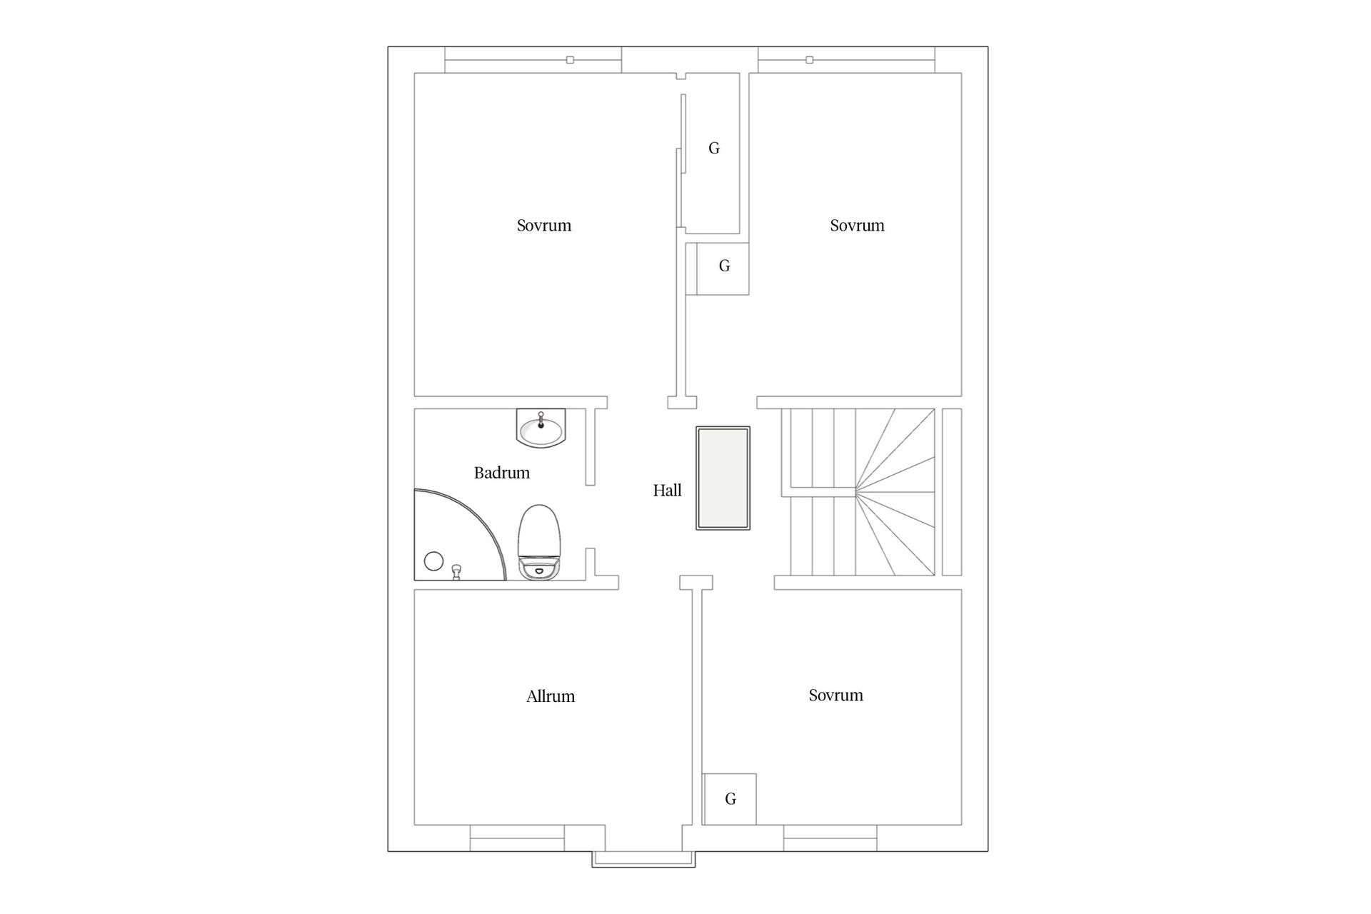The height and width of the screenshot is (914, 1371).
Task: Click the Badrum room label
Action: (x=502, y=473)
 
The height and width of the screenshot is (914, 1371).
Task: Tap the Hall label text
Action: (x=668, y=491)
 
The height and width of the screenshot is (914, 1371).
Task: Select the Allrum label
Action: (x=551, y=696)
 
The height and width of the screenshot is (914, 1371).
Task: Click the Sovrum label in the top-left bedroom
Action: (x=544, y=226)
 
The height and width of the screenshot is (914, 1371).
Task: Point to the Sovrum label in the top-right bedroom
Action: (x=857, y=226)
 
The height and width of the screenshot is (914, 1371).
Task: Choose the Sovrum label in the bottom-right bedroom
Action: (x=836, y=695)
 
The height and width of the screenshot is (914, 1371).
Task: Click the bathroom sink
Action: (x=541, y=428)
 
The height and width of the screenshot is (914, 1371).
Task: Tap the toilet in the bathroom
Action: (x=540, y=542)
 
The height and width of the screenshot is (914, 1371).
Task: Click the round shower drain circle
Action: (x=433, y=561)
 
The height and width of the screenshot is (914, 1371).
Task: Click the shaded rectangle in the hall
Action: (x=723, y=478)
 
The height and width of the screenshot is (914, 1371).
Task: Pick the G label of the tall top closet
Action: (x=714, y=149)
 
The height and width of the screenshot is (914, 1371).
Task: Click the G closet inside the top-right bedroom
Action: (x=718, y=268)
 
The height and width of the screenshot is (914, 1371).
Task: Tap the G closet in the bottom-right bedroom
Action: (x=730, y=799)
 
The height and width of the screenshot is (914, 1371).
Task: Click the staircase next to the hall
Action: (x=858, y=492)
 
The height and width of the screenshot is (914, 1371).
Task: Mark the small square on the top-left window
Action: (x=570, y=60)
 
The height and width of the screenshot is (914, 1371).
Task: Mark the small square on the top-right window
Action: (x=809, y=60)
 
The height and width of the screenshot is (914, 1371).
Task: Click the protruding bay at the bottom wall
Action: (x=643, y=859)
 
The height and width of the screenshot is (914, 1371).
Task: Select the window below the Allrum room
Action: (x=518, y=838)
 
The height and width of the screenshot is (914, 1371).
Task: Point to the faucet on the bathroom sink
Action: (x=541, y=420)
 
